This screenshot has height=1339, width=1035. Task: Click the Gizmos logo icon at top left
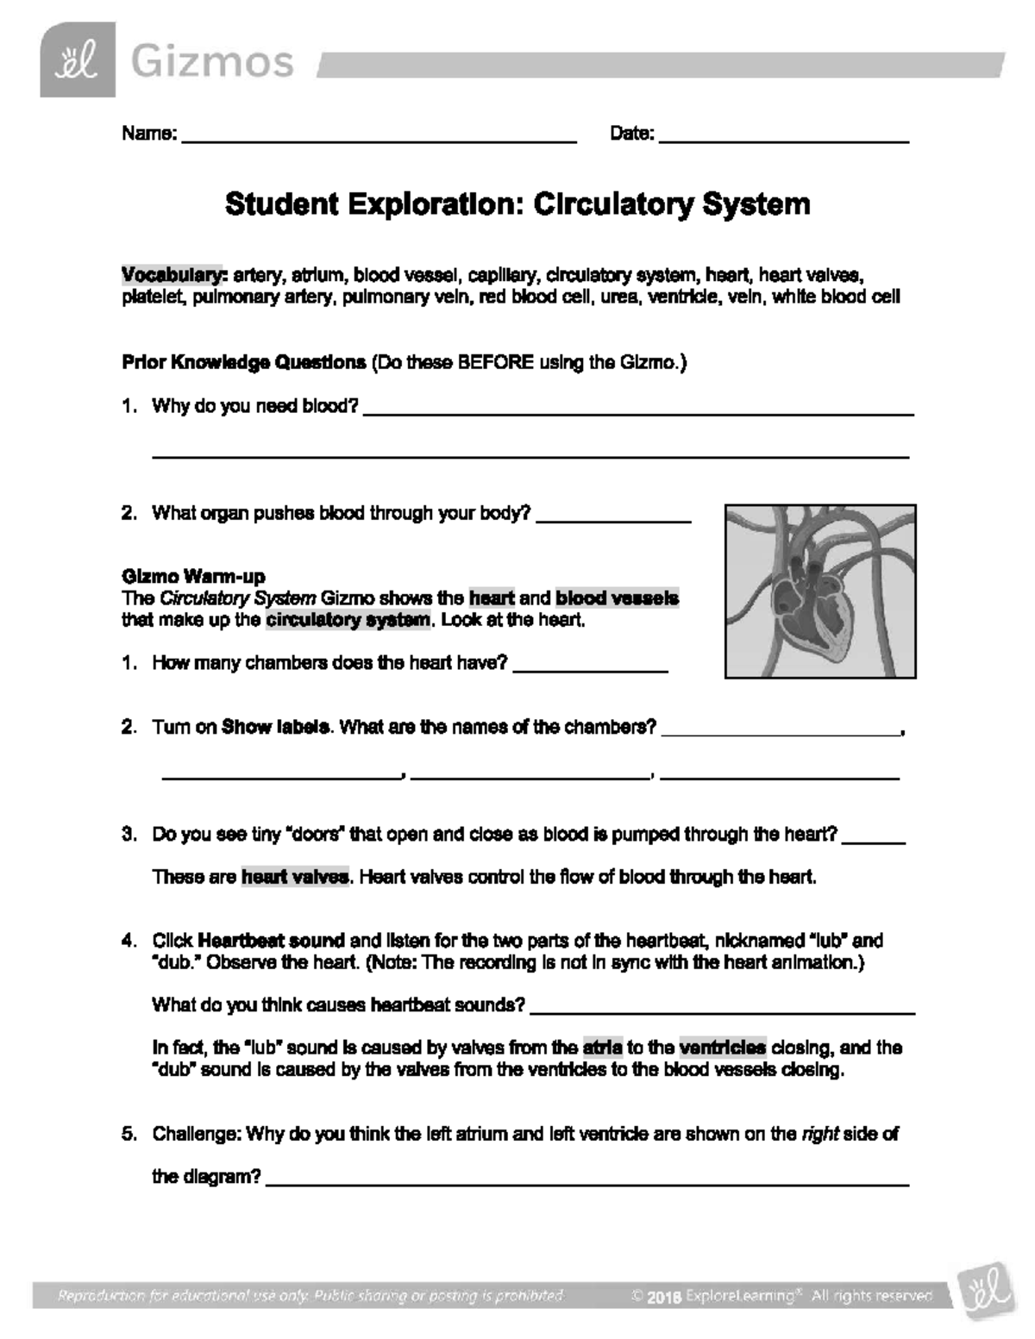click(77, 59)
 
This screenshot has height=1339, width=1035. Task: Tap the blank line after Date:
click(783, 138)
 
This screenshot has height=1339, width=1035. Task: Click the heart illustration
click(820, 591)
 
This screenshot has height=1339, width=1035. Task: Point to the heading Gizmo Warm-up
click(193, 576)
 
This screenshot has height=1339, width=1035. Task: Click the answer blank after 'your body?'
click(613, 517)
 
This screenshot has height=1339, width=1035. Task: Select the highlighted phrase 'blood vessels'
click(618, 598)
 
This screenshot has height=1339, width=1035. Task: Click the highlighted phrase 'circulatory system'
click(348, 620)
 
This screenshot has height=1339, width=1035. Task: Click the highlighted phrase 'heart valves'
click(295, 877)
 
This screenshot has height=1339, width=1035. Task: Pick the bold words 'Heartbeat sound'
click(272, 941)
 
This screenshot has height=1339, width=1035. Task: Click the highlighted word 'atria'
click(602, 1048)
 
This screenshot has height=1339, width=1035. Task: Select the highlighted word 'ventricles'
click(722, 1048)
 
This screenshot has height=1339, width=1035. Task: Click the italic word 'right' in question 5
click(820, 1134)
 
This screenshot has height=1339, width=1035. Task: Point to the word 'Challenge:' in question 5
click(197, 1134)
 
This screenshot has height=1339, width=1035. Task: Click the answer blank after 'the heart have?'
click(591, 667)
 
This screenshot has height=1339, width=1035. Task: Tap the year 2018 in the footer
click(664, 1296)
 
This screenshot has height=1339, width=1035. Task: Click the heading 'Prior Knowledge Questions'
click(244, 362)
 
